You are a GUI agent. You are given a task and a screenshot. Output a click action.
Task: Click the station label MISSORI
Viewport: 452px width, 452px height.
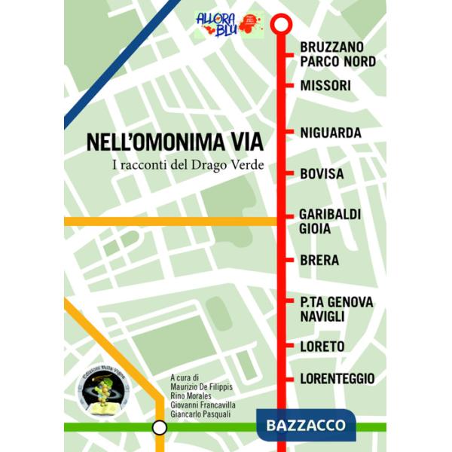coord(325,86)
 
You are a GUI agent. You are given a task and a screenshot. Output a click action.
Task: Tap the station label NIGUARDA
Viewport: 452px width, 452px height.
coord(331,133)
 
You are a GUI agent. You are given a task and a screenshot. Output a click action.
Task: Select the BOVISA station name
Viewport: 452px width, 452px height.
coord(322,175)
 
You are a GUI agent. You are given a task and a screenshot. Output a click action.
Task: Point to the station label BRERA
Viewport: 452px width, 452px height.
coord(319,261)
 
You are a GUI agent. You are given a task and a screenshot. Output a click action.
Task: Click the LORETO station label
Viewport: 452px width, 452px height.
coord(322,347)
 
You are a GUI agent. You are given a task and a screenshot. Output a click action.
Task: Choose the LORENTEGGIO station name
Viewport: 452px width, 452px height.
coord(337,379)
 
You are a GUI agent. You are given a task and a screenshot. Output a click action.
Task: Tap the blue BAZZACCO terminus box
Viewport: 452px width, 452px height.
coord(306,425)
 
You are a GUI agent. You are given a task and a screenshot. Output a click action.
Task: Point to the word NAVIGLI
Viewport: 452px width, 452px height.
coord(322,317)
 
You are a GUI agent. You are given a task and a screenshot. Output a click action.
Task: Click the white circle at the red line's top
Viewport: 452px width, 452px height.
coord(280,24)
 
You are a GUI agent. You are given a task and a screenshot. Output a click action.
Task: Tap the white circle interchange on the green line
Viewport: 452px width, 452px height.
coord(160,428)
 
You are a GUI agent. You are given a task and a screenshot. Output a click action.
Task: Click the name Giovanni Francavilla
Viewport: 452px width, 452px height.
coord(203,405)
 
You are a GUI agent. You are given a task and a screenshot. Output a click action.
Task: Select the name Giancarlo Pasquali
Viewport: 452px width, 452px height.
coord(202,415)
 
